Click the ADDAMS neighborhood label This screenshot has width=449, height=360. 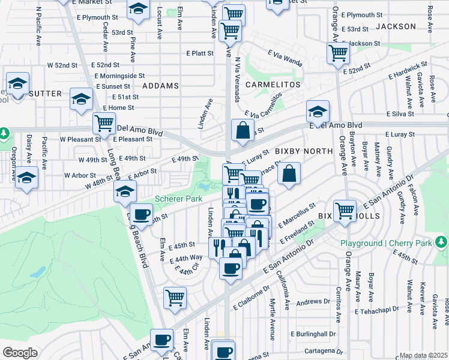[160, 86]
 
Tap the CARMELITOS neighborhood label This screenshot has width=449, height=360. [273, 85]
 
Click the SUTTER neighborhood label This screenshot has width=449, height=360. [45, 93]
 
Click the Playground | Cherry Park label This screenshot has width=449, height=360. [387, 243]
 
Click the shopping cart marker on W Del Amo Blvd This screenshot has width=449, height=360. [104, 123]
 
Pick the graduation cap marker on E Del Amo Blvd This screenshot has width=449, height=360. [318, 110]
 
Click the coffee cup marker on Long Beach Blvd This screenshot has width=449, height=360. [142, 214]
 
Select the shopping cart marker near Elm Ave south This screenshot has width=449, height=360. [175, 297]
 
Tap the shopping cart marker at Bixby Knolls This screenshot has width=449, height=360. [345, 211]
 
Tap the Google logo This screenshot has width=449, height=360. [20, 352]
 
